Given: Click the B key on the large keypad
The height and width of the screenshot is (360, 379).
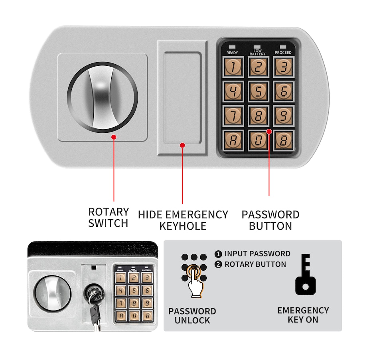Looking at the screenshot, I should (x=283, y=140).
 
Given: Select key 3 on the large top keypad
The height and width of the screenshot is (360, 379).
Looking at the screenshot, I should (x=283, y=67).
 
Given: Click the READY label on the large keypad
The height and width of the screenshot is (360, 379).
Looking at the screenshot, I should (x=232, y=53).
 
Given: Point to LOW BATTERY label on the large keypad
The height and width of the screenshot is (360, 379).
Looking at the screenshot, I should (x=257, y=52).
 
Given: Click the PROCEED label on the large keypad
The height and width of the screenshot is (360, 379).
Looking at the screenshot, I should (x=283, y=53).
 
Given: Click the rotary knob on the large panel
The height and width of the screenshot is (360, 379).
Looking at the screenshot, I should (x=103, y=97).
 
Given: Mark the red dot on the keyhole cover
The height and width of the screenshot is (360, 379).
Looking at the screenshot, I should (x=182, y=145).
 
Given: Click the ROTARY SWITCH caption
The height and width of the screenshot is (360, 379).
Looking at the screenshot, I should (x=109, y=217).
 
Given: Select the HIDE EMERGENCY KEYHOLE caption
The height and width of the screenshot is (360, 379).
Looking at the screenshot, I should (x=183, y=220).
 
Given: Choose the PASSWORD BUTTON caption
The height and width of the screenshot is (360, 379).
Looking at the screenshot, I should (x=270, y=220).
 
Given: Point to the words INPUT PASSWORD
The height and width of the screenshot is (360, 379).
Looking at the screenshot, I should (x=257, y=254).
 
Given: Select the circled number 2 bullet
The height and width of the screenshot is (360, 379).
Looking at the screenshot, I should (x=218, y=264).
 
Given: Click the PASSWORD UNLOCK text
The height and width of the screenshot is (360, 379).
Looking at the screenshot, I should (x=192, y=315).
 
